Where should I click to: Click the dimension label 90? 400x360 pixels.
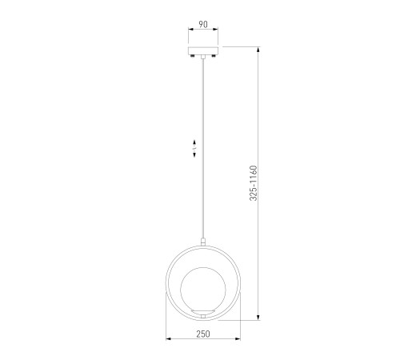203,25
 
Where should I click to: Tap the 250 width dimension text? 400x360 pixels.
203,334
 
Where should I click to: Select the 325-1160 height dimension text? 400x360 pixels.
254,183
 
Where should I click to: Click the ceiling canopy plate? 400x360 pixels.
203,50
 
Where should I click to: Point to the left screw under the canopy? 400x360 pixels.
192,56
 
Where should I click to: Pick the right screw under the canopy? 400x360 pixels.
214,56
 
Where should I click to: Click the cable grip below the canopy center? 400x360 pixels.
203,57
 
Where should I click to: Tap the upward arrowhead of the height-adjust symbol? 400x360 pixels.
194,142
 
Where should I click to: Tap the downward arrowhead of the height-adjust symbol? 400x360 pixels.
194,154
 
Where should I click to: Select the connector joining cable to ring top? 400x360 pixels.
203,242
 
